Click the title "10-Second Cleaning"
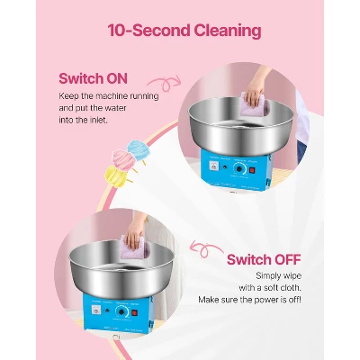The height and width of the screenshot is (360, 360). pyautogui.click(x=184, y=31)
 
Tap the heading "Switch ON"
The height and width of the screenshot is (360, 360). pyautogui.click(x=93, y=78)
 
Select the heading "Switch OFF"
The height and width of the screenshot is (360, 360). pyautogui.click(x=264, y=259)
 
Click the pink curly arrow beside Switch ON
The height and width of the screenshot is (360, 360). pyautogui.click(x=165, y=82)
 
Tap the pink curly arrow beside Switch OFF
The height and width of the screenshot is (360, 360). pyautogui.click(x=205, y=248)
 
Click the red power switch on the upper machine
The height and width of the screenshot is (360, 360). pyautogui.click(x=252, y=170)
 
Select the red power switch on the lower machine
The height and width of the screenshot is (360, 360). pyautogui.click(x=135, y=313)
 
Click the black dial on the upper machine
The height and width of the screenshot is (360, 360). pyautogui.click(x=239, y=169)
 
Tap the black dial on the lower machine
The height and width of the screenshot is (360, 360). pyautogui.click(x=121, y=312)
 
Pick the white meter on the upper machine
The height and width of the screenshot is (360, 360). pyautogui.click(x=214, y=166)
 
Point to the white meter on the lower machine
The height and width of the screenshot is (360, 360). pyautogui.click(x=96, y=310)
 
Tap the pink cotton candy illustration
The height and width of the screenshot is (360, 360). pyautogui.click(x=123, y=158)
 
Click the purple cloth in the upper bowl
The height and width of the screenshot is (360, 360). pyautogui.click(x=254, y=105)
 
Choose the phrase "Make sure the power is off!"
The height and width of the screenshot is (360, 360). pyautogui.click(x=249, y=300)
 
